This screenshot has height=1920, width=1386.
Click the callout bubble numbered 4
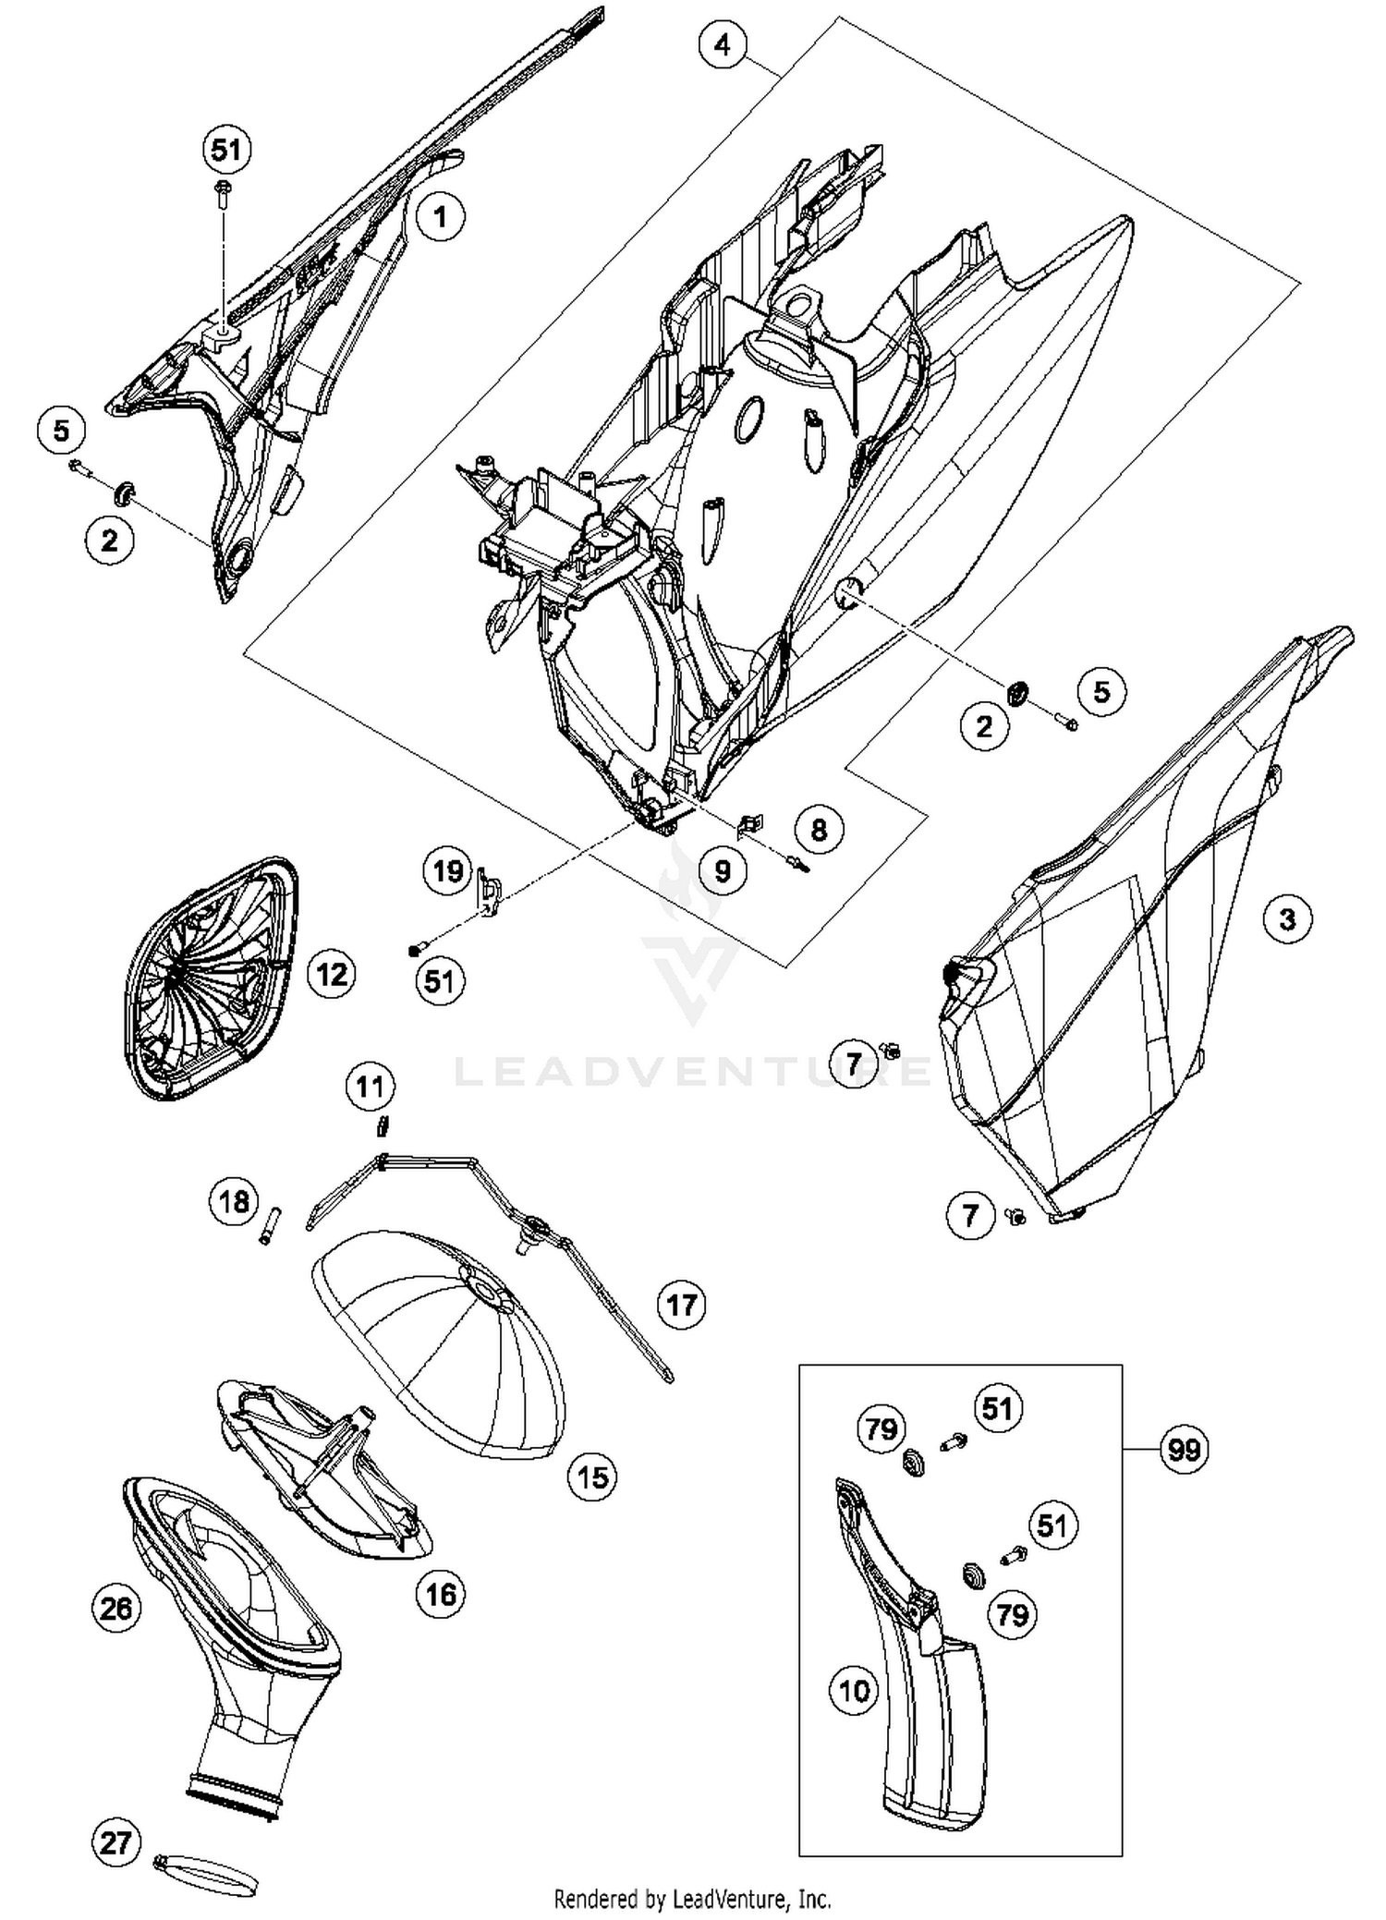(x=723, y=44)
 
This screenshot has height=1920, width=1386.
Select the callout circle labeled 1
(x=440, y=218)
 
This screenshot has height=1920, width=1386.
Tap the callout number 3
(x=1287, y=919)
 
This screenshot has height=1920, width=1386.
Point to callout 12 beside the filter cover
(x=332, y=974)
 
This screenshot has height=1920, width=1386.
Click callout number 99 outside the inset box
(x=1184, y=1450)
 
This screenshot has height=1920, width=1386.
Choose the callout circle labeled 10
(x=854, y=1691)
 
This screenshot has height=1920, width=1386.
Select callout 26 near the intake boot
(x=116, y=1609)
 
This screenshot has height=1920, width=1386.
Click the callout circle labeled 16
(x=440, y=1594)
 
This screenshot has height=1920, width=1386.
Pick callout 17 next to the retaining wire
(x=681, y=1305)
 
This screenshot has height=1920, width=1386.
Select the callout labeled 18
(x=233, y=1202)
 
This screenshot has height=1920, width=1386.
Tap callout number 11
(x=371, y=1087)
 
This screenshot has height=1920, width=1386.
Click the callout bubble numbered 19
(x=448, y=870)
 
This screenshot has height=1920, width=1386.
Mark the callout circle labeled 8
(x=819, y=829)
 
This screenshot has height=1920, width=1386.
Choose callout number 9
(x=723, y=869)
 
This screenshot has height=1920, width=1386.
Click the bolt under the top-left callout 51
(x=223, y=193)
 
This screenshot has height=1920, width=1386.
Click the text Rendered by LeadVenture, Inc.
(x=692, y=1899)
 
